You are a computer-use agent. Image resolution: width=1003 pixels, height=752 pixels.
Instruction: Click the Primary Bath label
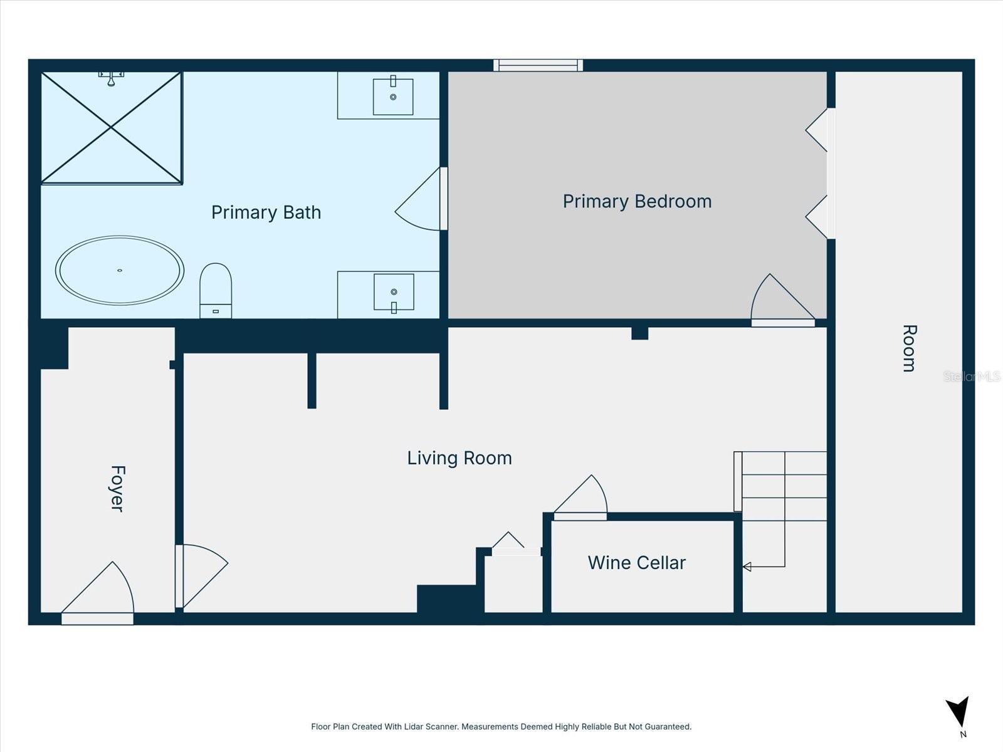[x=266, y=212]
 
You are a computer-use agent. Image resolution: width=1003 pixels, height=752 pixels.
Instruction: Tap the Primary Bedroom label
[x=637, y=201]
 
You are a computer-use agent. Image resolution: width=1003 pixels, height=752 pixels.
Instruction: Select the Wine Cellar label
[x=636, y=563]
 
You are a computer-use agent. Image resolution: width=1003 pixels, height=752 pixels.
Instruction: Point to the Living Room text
[x=459, y=458]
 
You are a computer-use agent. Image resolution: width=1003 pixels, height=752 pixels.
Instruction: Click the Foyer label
[x=117, y=489]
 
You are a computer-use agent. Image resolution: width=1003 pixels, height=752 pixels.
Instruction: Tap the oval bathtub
[x=120, y=270]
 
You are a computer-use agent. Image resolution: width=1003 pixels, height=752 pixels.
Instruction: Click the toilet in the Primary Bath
[x=216, y=290]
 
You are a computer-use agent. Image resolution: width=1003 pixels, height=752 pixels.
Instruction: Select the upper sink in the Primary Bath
[x=393, y=97]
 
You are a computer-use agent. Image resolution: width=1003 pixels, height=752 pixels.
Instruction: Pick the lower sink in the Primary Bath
[x=394, y=292]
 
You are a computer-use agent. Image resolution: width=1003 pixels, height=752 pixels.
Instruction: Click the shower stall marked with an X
[x=112, y=128]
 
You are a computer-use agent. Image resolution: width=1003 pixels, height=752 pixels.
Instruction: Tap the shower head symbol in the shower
[x=111, y=78]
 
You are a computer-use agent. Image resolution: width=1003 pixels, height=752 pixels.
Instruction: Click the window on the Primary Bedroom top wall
[x=538, y=65]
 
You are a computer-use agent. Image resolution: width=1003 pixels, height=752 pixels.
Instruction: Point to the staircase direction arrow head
[x=747, y=567]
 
